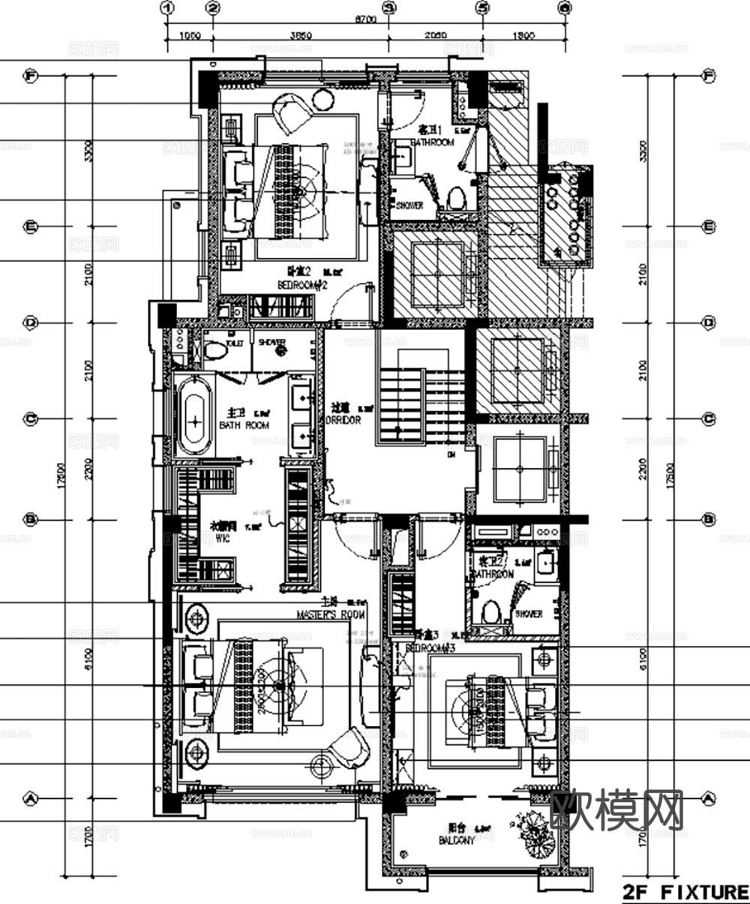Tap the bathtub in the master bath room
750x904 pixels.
coord(194,417)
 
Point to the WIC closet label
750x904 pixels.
coord(223,539)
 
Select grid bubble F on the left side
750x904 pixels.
coord(31,76)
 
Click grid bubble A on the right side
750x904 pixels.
coord(709,798)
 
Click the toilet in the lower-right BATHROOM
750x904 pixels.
coord(491,611)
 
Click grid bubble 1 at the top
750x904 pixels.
coord(167,8)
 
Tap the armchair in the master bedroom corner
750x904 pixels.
coord(349,747)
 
